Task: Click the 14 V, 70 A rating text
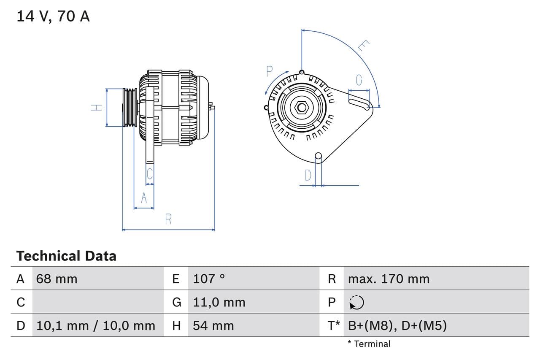coord(53,16)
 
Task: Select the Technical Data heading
coord(66,256)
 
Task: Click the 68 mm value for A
coord(57,279)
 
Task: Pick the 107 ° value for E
coord(209,279)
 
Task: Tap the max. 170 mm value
coord(389,279)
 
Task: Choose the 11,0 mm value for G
coord(219,302)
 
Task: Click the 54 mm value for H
coord(213,325)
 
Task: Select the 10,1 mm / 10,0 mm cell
coord(96,325)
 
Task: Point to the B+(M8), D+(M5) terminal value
coord(397,325)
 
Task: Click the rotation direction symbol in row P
coord(356,302)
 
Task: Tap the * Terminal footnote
coord(369,344)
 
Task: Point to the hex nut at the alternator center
coord(302,107)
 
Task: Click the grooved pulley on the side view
coord(130,108)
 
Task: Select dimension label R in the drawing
coord(168,219)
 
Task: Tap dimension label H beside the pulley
coord(97,108)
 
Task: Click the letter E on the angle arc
coord(364,46)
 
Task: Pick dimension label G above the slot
coord(359,80)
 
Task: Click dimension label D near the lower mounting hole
coord(308,175)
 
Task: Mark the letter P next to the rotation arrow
coord(270,72)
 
